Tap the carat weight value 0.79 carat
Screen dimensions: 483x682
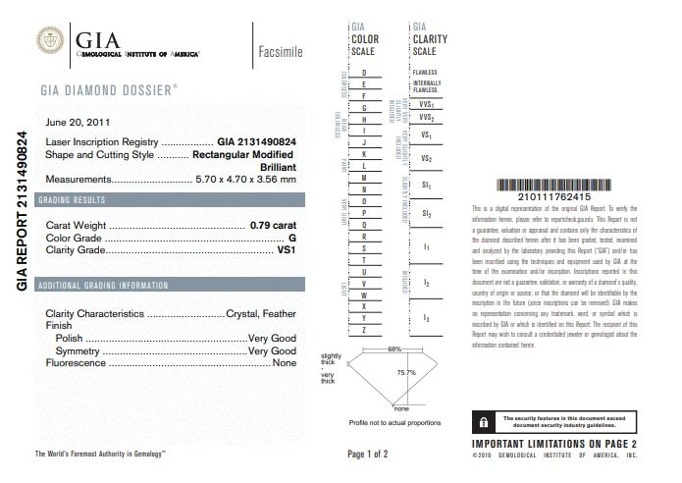273,225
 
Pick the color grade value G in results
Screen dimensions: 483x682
291,238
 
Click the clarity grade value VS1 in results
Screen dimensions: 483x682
285,250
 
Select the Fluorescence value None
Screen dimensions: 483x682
284,362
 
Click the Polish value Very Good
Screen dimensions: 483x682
272,337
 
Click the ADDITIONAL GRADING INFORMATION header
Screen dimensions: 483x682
101,285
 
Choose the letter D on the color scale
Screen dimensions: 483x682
364,74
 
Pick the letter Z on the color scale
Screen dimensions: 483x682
364,331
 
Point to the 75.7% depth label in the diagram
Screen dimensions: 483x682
405,373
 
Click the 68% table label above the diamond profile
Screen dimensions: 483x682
394,349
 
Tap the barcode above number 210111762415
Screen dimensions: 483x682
555,186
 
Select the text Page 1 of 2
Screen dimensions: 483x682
368,455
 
